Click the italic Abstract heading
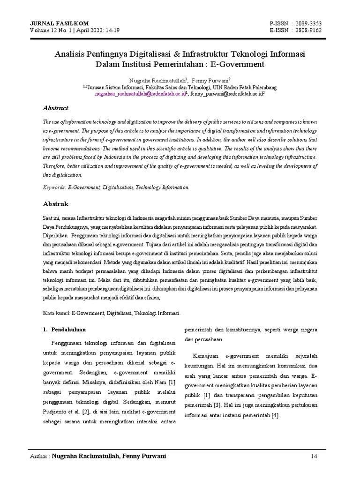[x=56, y=108]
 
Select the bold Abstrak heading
[x=56, y=204]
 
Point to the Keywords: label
[x=54, y=187]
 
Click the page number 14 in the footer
[x=314, y=456]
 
